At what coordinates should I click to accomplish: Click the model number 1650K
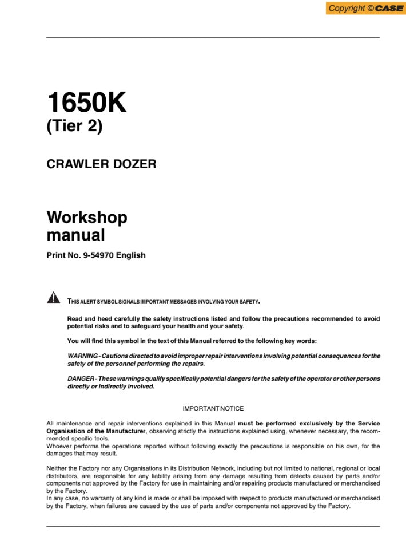pos(86,103)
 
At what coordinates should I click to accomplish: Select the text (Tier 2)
pos(74,127)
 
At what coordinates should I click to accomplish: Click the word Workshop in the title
pos(87,218)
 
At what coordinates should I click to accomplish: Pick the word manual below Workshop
pos(75,235)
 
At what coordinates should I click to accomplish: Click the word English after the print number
pos(131,255)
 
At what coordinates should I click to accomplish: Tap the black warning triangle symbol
pos(53,297)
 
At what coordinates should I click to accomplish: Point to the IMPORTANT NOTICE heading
pos(213,409)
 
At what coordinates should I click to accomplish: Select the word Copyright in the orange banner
pos(347,8)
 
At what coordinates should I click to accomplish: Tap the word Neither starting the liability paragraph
pos(58,468)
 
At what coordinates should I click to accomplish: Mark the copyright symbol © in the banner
pos(370,8)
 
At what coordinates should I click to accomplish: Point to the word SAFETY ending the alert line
pos(249,301)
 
